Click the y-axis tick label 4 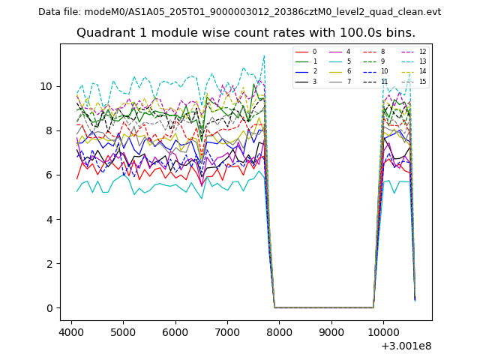[50, 220]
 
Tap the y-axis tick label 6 [50, 175]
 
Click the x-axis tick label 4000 [71, 332]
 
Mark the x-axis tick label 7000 [227, 332]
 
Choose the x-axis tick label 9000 [331, 332]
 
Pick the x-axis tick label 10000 [383, 332]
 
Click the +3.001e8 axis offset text [406, 346]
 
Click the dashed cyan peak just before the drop [264, 55]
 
